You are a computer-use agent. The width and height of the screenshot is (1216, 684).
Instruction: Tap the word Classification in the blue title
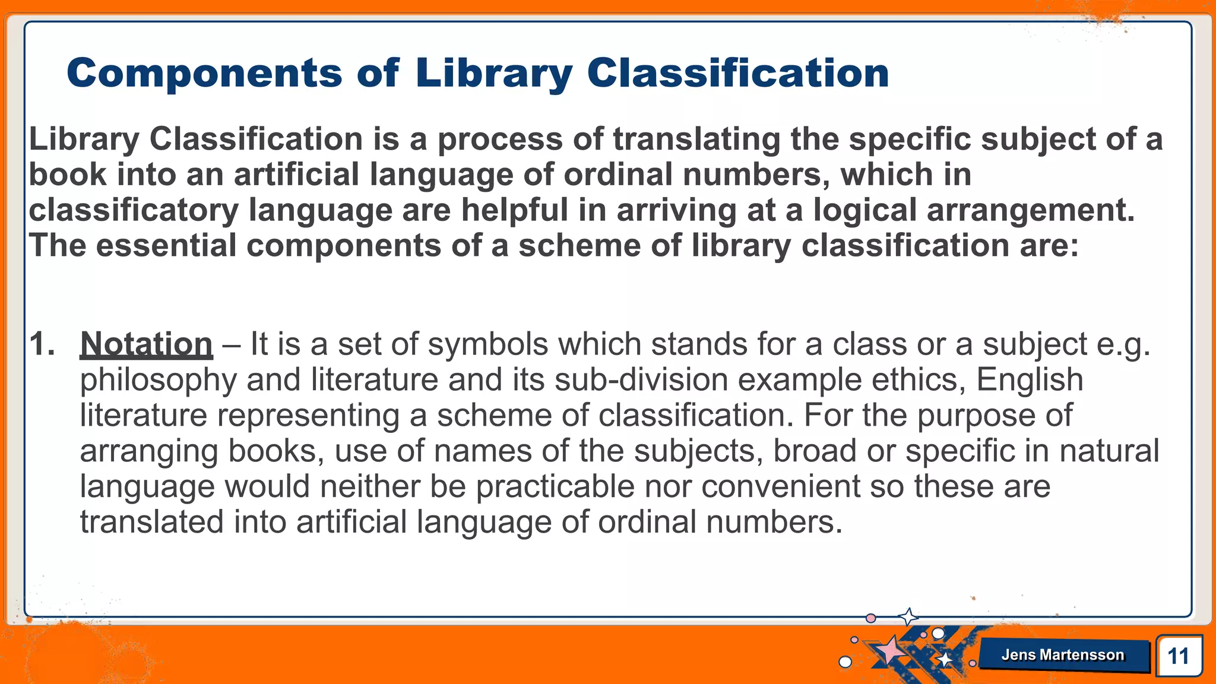click(737, 74)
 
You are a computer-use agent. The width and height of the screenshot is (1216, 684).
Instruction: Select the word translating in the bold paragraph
click(696, 140)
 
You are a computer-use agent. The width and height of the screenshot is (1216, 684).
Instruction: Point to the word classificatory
click(134, 211)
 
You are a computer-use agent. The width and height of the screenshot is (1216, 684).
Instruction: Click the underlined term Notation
click(146, 344)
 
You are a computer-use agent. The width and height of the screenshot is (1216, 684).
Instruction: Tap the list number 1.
click(42, 344)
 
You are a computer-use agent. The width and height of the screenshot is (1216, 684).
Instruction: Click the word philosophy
click(158, 381)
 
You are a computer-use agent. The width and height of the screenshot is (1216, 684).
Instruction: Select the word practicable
click(555, 487)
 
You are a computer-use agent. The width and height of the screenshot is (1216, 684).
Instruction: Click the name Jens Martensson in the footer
click(1063, 655)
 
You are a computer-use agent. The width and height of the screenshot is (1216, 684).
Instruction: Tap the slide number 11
click(1178, 656)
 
